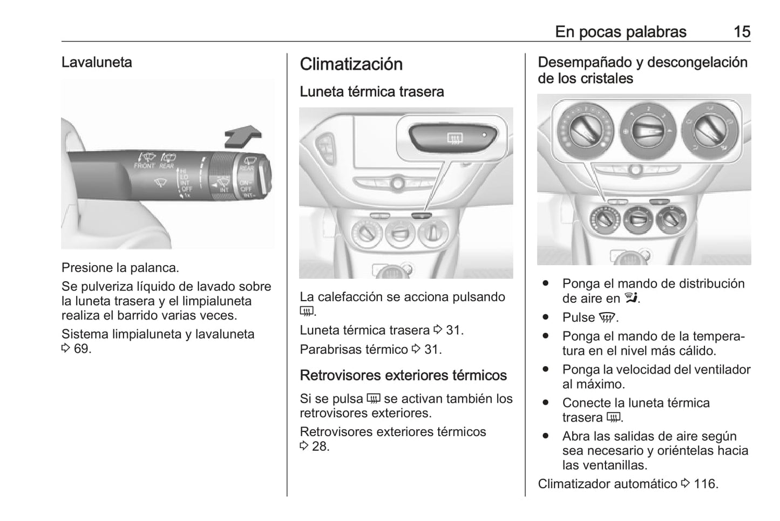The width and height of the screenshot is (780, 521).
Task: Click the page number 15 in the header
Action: point(742,32)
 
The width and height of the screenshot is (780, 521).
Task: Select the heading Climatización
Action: point(351,64)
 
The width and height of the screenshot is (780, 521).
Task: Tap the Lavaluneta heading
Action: point(97,62)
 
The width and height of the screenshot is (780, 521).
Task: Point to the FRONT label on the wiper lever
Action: point(144,166)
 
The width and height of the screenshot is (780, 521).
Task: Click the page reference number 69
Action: point(82,349)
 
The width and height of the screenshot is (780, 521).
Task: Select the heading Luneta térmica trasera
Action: point(371,92)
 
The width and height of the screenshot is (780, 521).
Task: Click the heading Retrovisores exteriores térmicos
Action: point(403,375)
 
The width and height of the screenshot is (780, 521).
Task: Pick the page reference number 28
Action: point(320,446)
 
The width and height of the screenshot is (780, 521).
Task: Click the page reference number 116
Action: point(706,484)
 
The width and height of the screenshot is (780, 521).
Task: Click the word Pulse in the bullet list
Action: point(578,317)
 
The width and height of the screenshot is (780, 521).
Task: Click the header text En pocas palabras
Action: point(620,32)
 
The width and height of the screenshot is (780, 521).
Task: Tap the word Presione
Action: point(84,268)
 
